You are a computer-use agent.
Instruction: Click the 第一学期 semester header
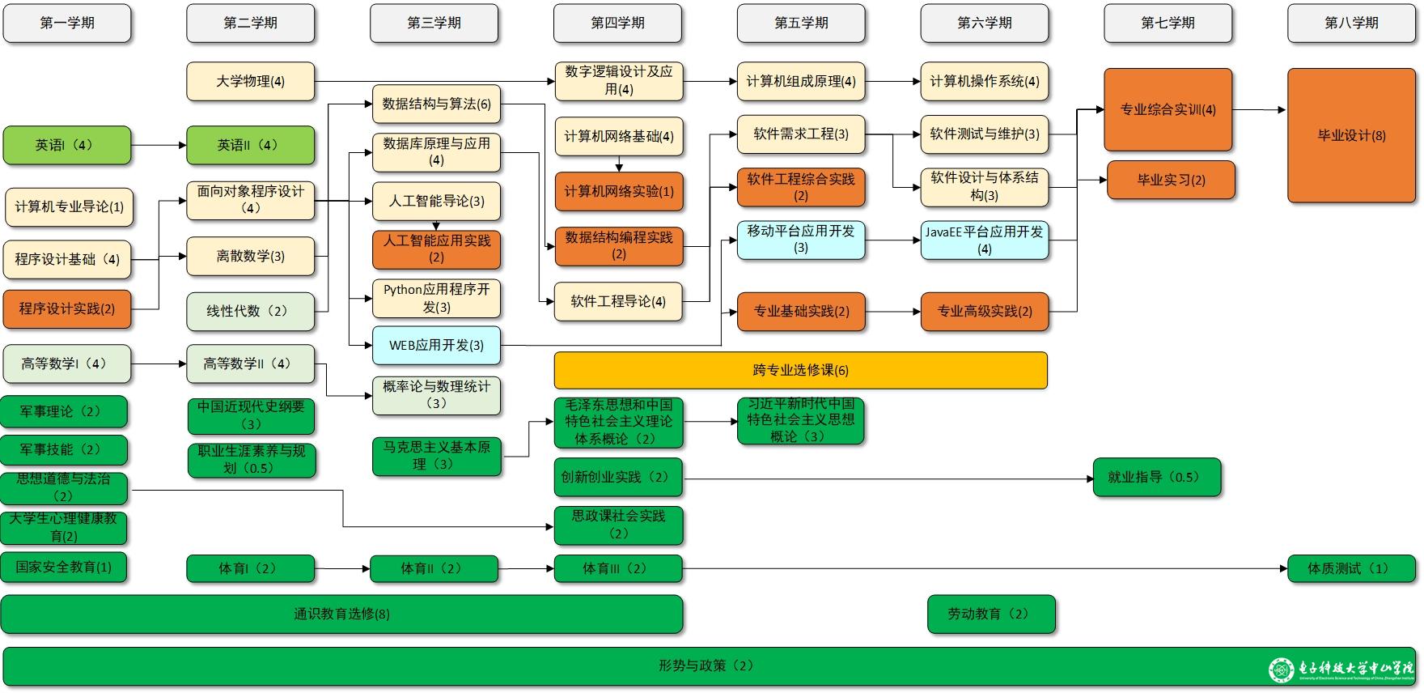tap(67, 23)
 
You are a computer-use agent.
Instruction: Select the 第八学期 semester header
tap(1351, 23)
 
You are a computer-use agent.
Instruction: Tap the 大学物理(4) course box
tap(250, 81)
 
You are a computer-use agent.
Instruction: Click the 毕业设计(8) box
tap(1351, 135)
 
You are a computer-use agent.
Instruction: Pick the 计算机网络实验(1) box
tap(619, 191)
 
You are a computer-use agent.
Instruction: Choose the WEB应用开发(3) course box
tap(436, 345)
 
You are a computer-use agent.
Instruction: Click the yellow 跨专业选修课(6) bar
tap(800, 370)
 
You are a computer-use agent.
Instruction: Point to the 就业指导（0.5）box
tap(1156, 478)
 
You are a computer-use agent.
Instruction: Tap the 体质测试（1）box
tap(1351, 568)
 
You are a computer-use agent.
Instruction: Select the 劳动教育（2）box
tap(991, 614)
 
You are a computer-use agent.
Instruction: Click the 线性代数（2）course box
tap(250, 311)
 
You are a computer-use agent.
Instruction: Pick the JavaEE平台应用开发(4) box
tap(985, 240)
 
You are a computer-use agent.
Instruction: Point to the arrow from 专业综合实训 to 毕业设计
tap(1259, 110)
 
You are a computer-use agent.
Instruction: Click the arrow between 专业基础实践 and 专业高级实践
tap(892, 312)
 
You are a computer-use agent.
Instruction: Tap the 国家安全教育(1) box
tap(64, 567)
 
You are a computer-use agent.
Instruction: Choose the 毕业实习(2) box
tap(1171, 180)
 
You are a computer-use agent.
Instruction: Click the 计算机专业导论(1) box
tap(69, 207)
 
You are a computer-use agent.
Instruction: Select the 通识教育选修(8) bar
tap(341, 614)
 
